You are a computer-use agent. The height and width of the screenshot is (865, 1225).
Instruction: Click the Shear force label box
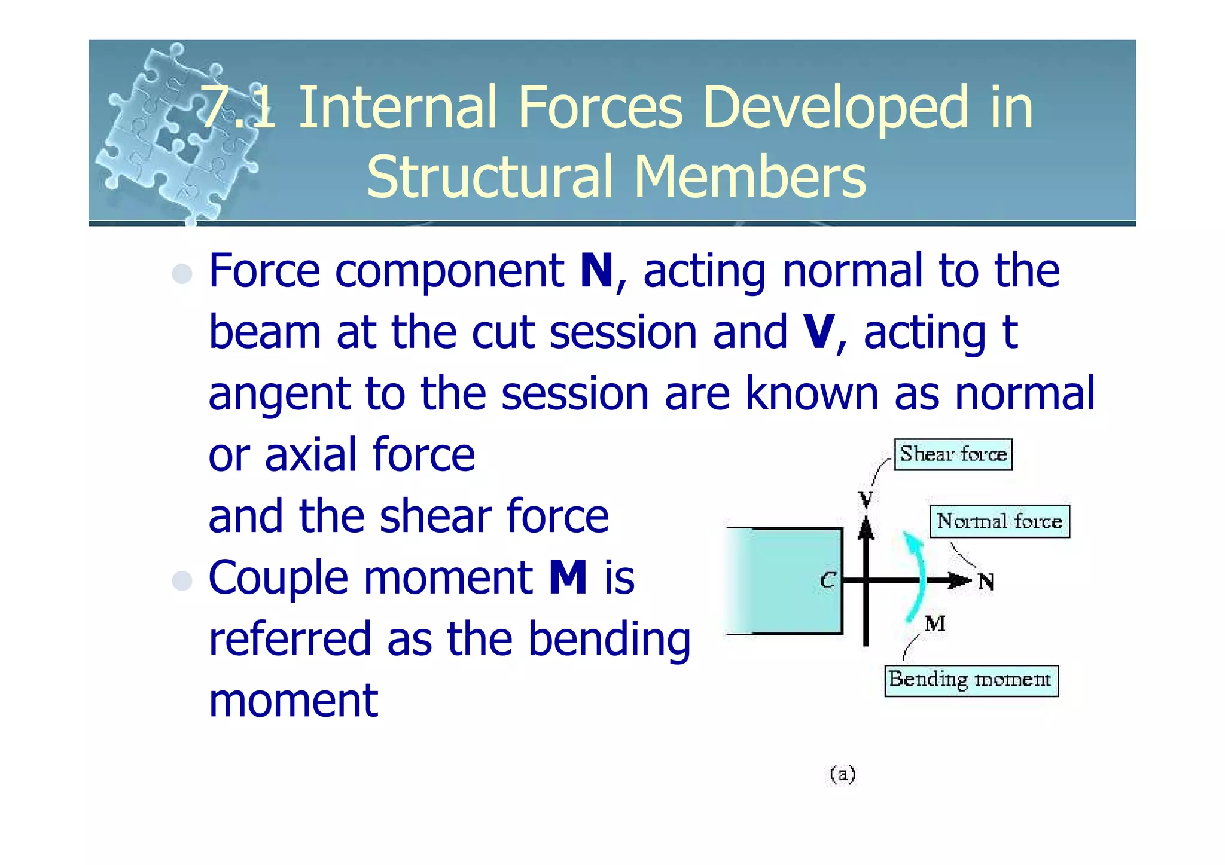coord(953,454)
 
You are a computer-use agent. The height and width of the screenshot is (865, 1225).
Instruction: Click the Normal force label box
coord(999,521)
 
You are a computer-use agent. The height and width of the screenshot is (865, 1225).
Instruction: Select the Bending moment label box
coord(971,680)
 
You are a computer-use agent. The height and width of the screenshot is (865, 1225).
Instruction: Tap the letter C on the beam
coord(827,580)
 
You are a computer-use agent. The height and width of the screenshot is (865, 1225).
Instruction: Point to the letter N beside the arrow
coord(986,582)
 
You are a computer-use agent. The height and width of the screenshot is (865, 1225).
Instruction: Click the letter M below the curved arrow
coord(935,624)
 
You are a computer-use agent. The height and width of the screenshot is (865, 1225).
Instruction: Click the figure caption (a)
coord(842,774)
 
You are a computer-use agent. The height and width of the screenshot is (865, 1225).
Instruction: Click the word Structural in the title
coord(490,177)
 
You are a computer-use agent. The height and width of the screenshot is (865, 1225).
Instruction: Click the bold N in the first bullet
coord(596,271)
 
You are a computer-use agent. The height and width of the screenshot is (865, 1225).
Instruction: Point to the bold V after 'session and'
coord(819,332)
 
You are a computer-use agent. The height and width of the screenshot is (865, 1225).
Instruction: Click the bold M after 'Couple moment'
coord(568,577)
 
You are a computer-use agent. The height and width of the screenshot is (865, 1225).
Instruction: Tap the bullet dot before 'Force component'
coord(182,274)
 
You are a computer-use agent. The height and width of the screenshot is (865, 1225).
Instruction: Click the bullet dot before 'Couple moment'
coord(182,580)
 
